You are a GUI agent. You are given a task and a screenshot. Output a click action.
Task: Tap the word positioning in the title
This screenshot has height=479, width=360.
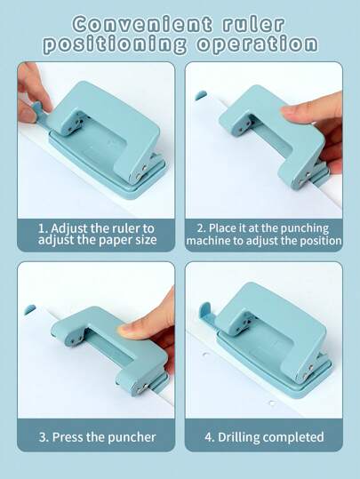click(113, 44)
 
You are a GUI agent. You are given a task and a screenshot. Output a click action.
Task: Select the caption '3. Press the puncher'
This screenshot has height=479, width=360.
click(97, 436)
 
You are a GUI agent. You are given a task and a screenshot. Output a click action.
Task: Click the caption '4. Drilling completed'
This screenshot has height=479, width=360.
click(264, 436)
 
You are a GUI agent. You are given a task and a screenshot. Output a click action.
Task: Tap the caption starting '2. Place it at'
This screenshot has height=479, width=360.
click(264, 234)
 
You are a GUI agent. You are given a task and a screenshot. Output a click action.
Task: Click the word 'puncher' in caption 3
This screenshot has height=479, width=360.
click(132, 436)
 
